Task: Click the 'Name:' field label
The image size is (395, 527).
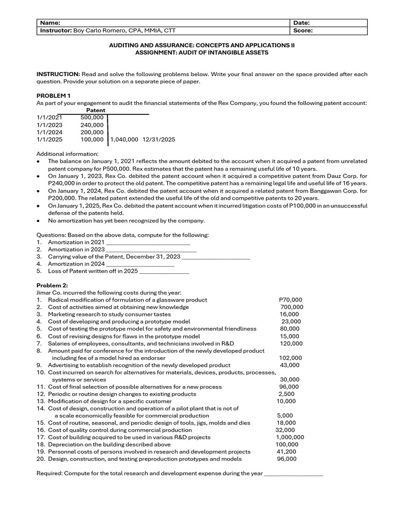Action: tap(50, 23)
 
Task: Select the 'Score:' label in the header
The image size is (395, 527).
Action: tap(303, 30)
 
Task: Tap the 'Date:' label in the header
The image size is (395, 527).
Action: tap(301, 23)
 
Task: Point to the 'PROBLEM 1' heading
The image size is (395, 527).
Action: tap(53, 96)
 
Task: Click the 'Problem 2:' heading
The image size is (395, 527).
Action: tap(52, 285)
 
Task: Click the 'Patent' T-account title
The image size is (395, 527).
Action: tap(96, 110)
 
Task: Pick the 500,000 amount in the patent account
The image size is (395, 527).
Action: tap(92, 117)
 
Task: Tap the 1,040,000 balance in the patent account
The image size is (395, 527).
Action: tap(124, 139)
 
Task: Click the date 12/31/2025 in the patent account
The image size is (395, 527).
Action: tap(158, 139)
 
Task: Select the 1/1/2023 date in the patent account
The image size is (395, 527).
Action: tap(49, 125)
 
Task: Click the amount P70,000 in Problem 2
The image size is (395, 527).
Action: tap(291, 300)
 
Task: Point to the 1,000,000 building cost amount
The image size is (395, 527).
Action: tap(290, 437)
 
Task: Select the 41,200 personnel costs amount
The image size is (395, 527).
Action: tap(286, 451)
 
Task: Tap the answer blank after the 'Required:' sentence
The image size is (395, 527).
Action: tap(294, 474)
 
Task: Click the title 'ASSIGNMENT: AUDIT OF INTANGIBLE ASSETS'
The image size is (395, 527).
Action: tap(202, 52)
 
